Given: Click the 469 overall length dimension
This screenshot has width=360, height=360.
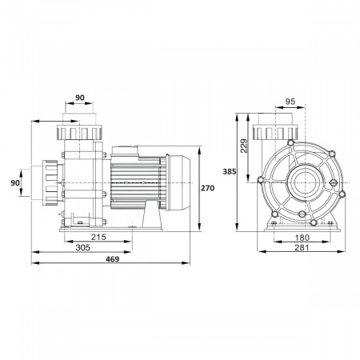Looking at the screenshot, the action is coord(113,259).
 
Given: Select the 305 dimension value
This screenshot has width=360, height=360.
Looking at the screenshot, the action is coord(83,247).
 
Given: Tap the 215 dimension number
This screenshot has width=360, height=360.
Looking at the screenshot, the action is coord(98,237).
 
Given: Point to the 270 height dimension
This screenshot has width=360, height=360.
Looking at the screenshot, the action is coord(207,188).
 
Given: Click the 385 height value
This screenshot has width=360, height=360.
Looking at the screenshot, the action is coord(230,172).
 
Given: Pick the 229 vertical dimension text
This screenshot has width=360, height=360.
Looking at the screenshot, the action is coord(244,146).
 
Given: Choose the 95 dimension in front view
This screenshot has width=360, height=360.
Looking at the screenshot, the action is coord(290,102).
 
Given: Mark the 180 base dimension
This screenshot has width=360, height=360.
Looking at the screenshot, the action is coord(302,238).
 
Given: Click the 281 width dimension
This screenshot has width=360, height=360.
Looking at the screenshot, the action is coord(302,247).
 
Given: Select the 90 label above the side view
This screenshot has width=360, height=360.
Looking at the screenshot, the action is coord(80,98).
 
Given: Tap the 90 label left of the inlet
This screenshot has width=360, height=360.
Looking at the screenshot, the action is coord(15,183).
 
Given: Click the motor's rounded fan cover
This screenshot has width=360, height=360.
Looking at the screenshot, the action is coord(178,182).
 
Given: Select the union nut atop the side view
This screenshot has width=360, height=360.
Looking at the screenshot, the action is coord(79,133).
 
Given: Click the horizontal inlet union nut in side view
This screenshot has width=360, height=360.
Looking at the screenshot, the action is coord(50,183).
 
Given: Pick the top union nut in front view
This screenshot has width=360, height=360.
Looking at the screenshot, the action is coord(275,133).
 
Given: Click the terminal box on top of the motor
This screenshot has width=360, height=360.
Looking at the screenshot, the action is coord(125,151).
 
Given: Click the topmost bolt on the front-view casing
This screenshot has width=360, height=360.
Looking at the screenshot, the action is coord(290,142).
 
